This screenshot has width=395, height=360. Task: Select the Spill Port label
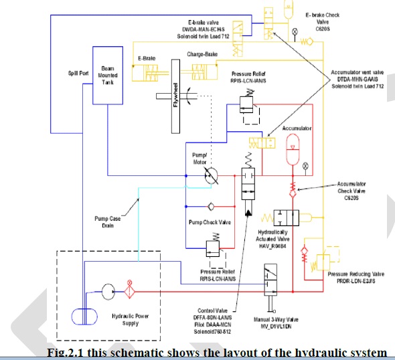coord(74,72)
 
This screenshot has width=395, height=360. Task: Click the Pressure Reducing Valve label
coord(355,275)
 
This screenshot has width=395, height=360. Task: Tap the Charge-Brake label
coord(206,55)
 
